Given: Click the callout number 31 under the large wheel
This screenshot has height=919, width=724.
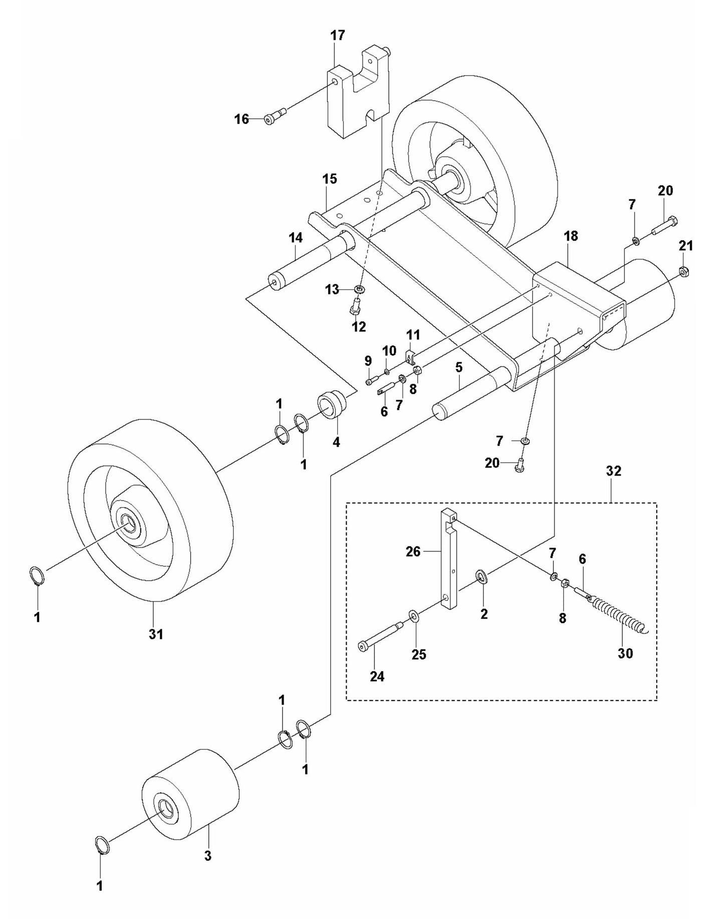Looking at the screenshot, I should point(156,634).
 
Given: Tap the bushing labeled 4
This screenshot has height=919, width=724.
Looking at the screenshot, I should point(331,404).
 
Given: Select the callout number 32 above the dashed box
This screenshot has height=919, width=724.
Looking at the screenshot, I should point(613,471).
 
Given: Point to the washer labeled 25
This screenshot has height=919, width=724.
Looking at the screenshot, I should point(414,615).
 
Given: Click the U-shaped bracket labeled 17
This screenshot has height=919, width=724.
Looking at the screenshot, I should point(359,95).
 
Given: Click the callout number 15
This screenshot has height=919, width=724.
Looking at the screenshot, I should point(330,179).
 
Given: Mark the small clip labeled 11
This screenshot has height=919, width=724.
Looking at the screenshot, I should point(410,357).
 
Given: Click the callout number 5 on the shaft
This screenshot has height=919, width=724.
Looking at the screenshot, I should point(459,367).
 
